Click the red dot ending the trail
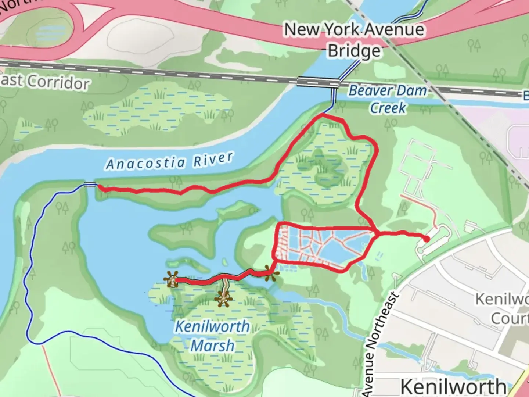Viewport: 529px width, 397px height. coord(426,239)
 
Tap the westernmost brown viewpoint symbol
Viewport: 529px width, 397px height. coord(172,279)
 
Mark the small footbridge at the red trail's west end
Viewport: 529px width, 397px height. coord(90,185)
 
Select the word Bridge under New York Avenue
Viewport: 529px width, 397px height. coord(354,51)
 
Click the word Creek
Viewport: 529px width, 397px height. coord(388,108)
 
